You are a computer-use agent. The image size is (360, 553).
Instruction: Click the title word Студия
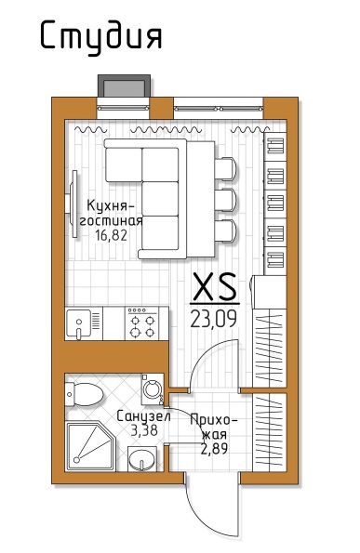click(x=101, y=37)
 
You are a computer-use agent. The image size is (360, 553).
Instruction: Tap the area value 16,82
click(x=111, y=235)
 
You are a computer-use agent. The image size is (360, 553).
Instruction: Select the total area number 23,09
click(x=214, y=319)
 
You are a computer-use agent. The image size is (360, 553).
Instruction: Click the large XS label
click(x=215, y=286)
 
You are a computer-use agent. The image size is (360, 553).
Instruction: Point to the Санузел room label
click(x=143, y=416)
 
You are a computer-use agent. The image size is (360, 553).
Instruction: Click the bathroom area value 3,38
click(x=144, y=430)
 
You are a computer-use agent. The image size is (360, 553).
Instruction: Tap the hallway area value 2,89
click(x=214, y=448)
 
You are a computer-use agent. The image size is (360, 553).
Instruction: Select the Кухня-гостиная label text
click(x=111, y=213)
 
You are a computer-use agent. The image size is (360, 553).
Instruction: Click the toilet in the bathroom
click(x=85, y=394)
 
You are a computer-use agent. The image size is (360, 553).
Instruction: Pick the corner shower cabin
click(x=90, y=446)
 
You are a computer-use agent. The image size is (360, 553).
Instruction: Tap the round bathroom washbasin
click(x=142, y=458)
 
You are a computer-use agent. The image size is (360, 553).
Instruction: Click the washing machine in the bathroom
click(x=153, y=389)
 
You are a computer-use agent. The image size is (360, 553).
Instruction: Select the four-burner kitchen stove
click(x=142, y=323)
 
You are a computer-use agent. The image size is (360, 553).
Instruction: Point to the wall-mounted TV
click(x=72, y=204)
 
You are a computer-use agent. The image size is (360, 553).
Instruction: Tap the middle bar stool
click(x=225, y=200)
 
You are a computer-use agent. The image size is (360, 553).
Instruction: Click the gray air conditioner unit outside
click(x=124, y=85)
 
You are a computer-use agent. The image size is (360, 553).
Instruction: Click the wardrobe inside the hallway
click(x=269, y=433)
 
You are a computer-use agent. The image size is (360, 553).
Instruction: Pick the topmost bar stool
click(x=225, y=168)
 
